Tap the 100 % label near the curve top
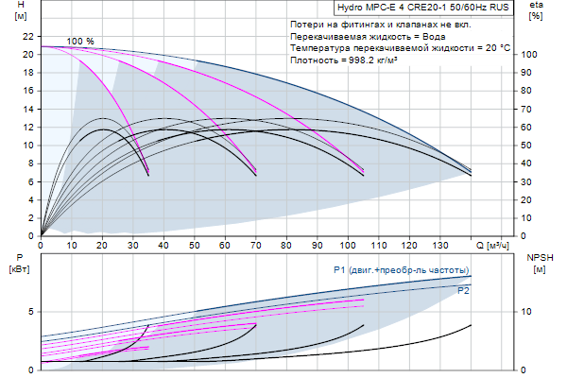(x=81, y=42)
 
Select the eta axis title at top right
(x=536, y=10)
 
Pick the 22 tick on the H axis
(x=27, y=36)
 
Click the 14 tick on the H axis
(x=27, y=109)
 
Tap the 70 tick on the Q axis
(x=255, y=245)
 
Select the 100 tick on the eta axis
(x=530, y=54)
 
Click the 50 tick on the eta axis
(x=530, y=145)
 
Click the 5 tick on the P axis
(x=31, y=311)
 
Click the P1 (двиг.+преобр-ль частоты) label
(x=401, y=270)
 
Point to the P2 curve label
(x=463, y=291)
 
